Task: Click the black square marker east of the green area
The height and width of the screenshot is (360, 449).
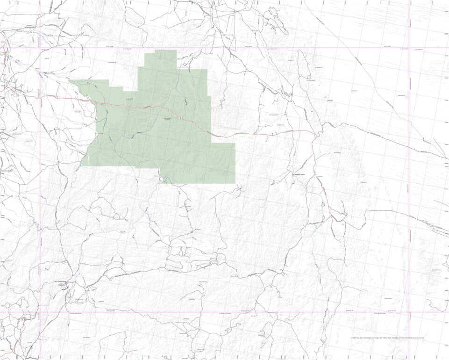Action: pos(293,175)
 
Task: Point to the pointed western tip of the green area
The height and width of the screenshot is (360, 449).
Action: pos(70,80)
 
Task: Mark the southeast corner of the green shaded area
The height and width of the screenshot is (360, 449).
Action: pos(235,183)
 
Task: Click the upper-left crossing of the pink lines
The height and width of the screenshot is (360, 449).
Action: pos(41,48)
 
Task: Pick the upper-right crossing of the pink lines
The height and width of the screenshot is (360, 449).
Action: pos(409,48)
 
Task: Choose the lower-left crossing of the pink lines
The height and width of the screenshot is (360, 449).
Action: pos(41,312)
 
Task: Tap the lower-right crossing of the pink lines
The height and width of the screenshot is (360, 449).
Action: pos(409,312)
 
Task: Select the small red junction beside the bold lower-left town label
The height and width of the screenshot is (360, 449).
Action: pos(68,282)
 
